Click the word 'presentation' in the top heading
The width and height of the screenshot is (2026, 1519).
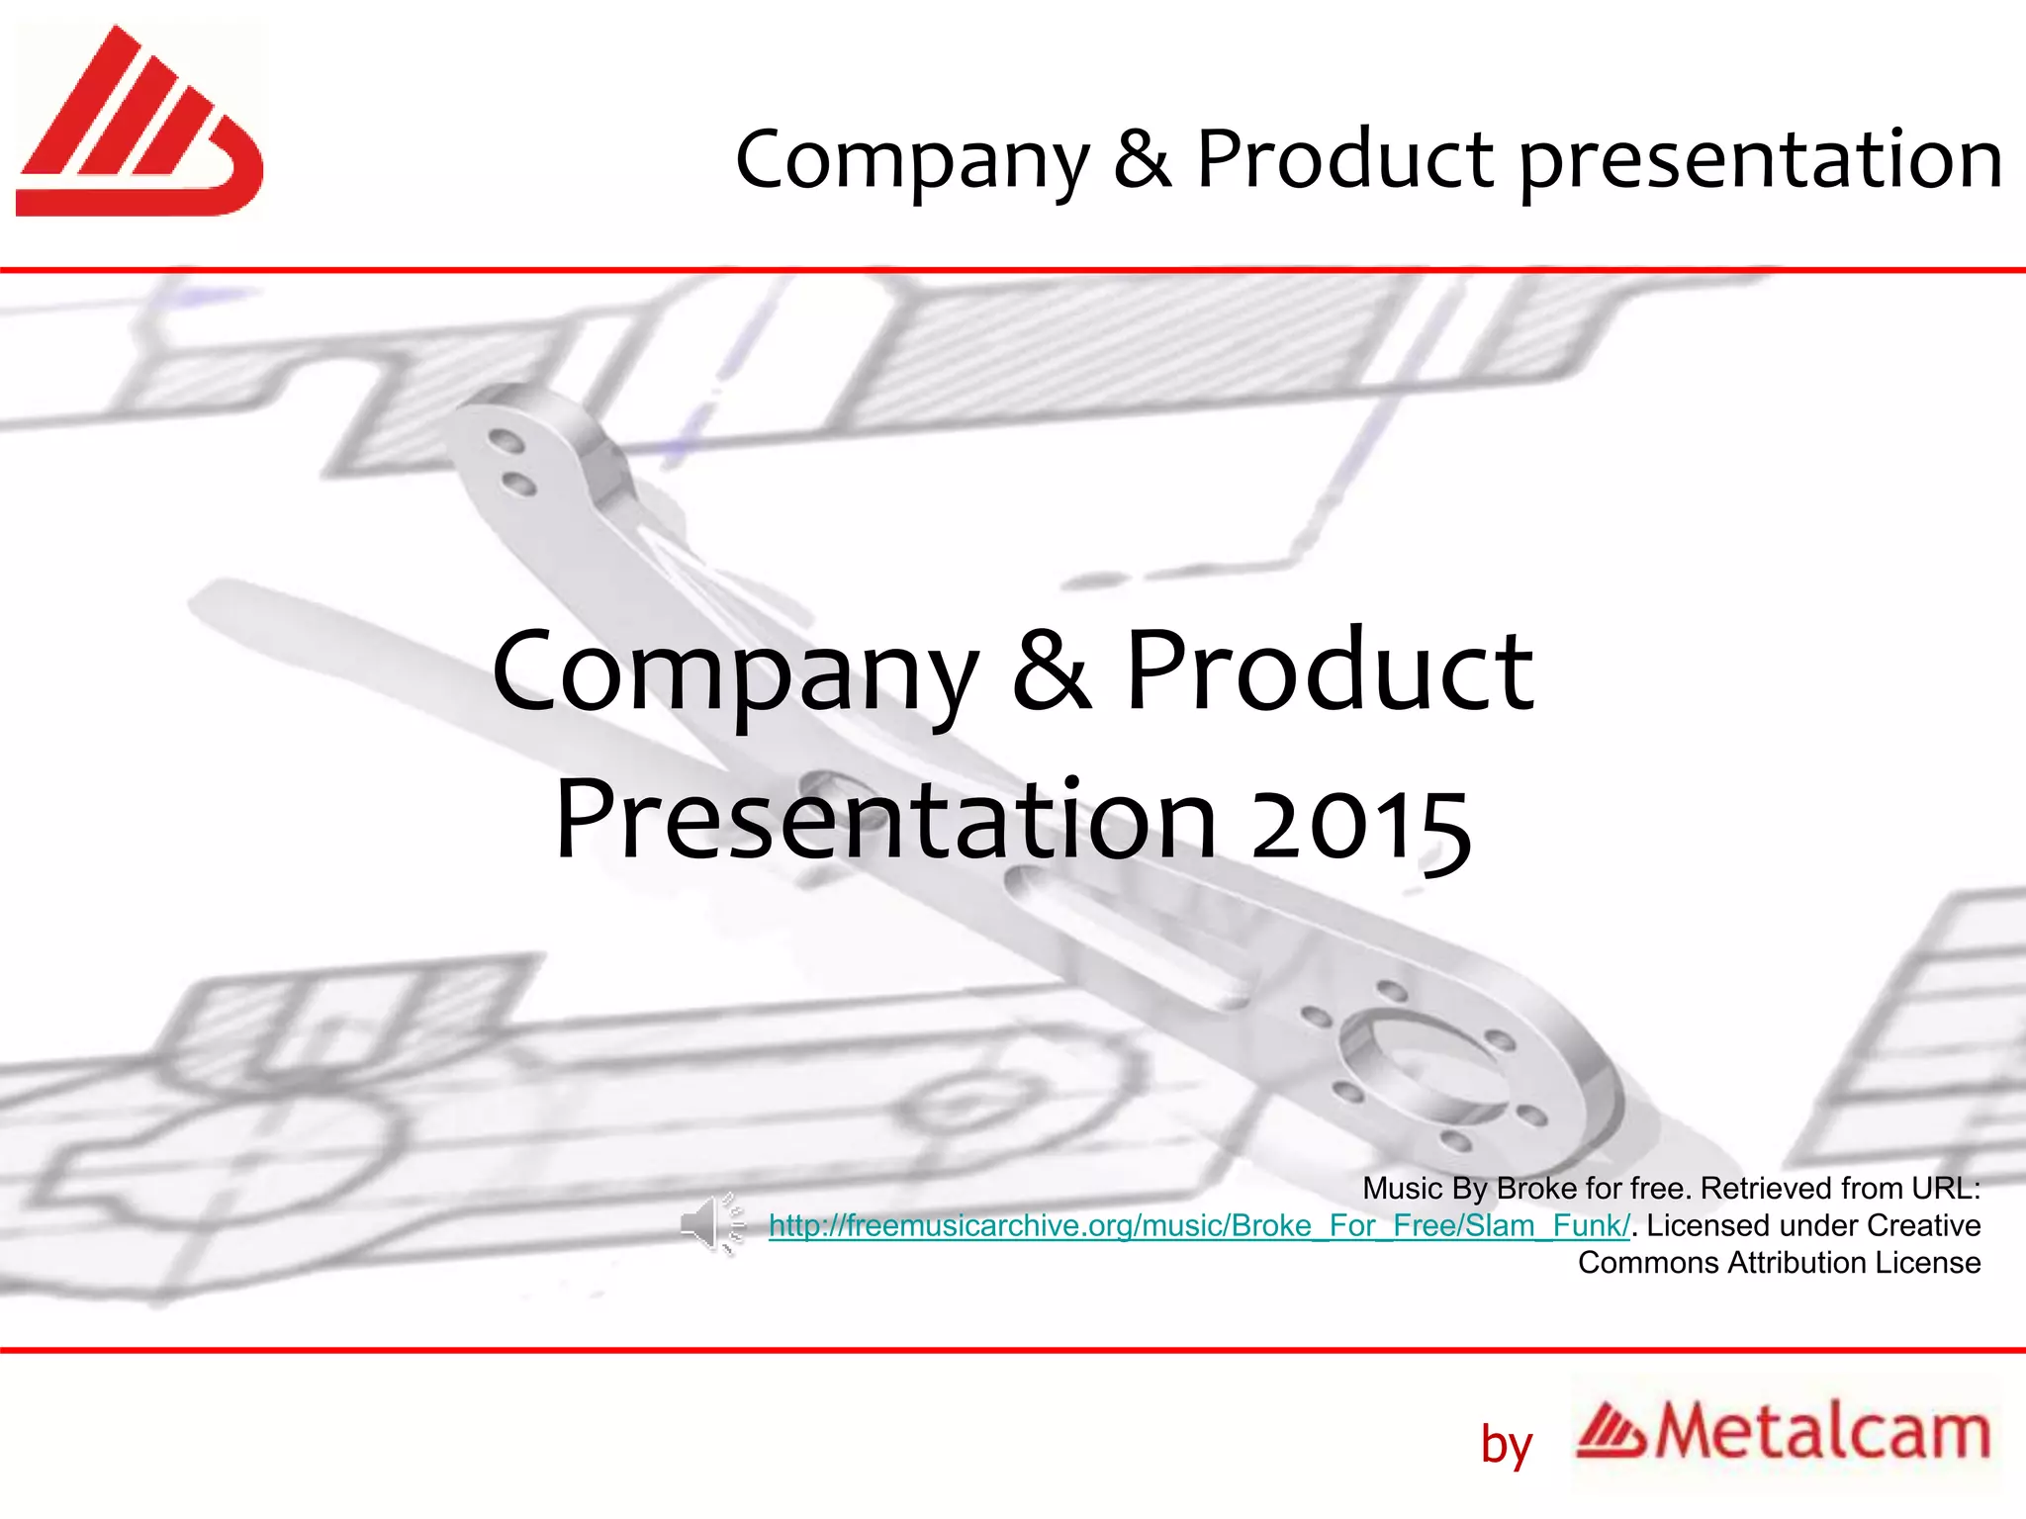1760,160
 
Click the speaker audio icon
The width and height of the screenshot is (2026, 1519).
711,1223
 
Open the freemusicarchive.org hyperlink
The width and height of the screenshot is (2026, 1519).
1198,1226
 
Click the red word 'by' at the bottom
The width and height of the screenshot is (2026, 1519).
1506,1446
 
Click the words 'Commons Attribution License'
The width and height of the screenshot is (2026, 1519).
1779,1263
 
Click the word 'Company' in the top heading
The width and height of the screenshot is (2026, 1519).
912,160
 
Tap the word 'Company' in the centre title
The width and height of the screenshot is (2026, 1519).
734,672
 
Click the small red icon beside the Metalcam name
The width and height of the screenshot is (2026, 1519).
1611,1432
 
